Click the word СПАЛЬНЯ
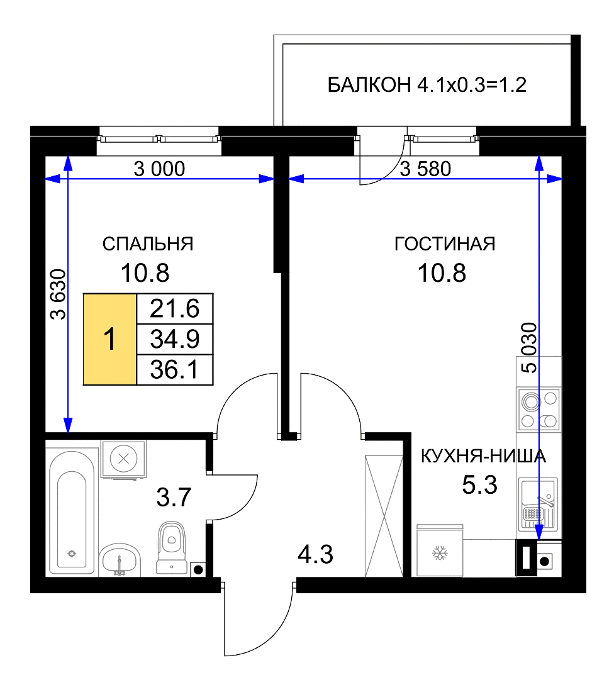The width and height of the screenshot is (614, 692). coord(148,243)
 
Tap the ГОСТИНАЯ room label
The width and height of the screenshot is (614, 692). coord(445,243)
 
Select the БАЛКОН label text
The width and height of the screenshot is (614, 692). coord(369,85)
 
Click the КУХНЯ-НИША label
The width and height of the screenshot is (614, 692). coord(483,456)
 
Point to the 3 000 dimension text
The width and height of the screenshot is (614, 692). coord(159,169)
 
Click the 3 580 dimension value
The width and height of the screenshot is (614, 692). coord(425,169)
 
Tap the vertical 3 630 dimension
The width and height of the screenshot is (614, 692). coord(59,294)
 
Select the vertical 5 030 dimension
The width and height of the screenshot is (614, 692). coord(529,348)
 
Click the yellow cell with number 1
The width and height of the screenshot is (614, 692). coord(110,339)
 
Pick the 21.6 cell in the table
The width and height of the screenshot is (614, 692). coord(175,308)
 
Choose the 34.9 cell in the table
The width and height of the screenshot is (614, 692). coord(175,339)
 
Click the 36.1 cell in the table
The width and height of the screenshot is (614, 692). coord(175,370)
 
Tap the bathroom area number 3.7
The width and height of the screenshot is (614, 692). coord(174,497)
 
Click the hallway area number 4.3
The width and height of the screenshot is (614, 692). coord(316,554)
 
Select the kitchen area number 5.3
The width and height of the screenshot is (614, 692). coord(480,484)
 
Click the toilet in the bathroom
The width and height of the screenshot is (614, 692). coord(171,548)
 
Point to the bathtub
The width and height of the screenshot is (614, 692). coord(72,511)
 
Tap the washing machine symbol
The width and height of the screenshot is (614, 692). coord(123,459)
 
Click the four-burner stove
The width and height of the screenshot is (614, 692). coord(539,410)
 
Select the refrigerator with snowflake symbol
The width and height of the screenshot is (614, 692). coord(440,551)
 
